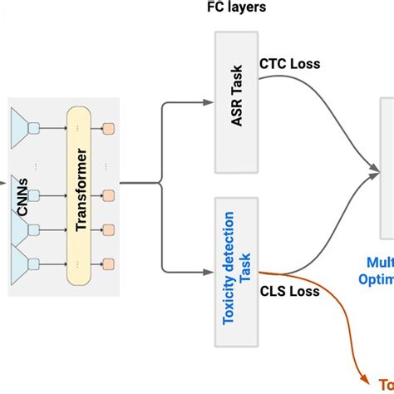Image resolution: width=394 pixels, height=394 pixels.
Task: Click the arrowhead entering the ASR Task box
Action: click(209, 104)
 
